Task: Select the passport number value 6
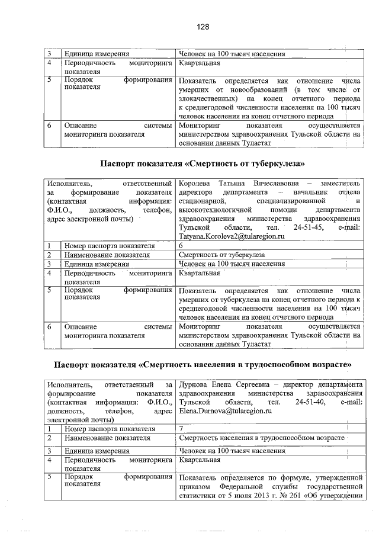pos(181,245)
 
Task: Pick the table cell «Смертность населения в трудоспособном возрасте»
pos(261,438)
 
